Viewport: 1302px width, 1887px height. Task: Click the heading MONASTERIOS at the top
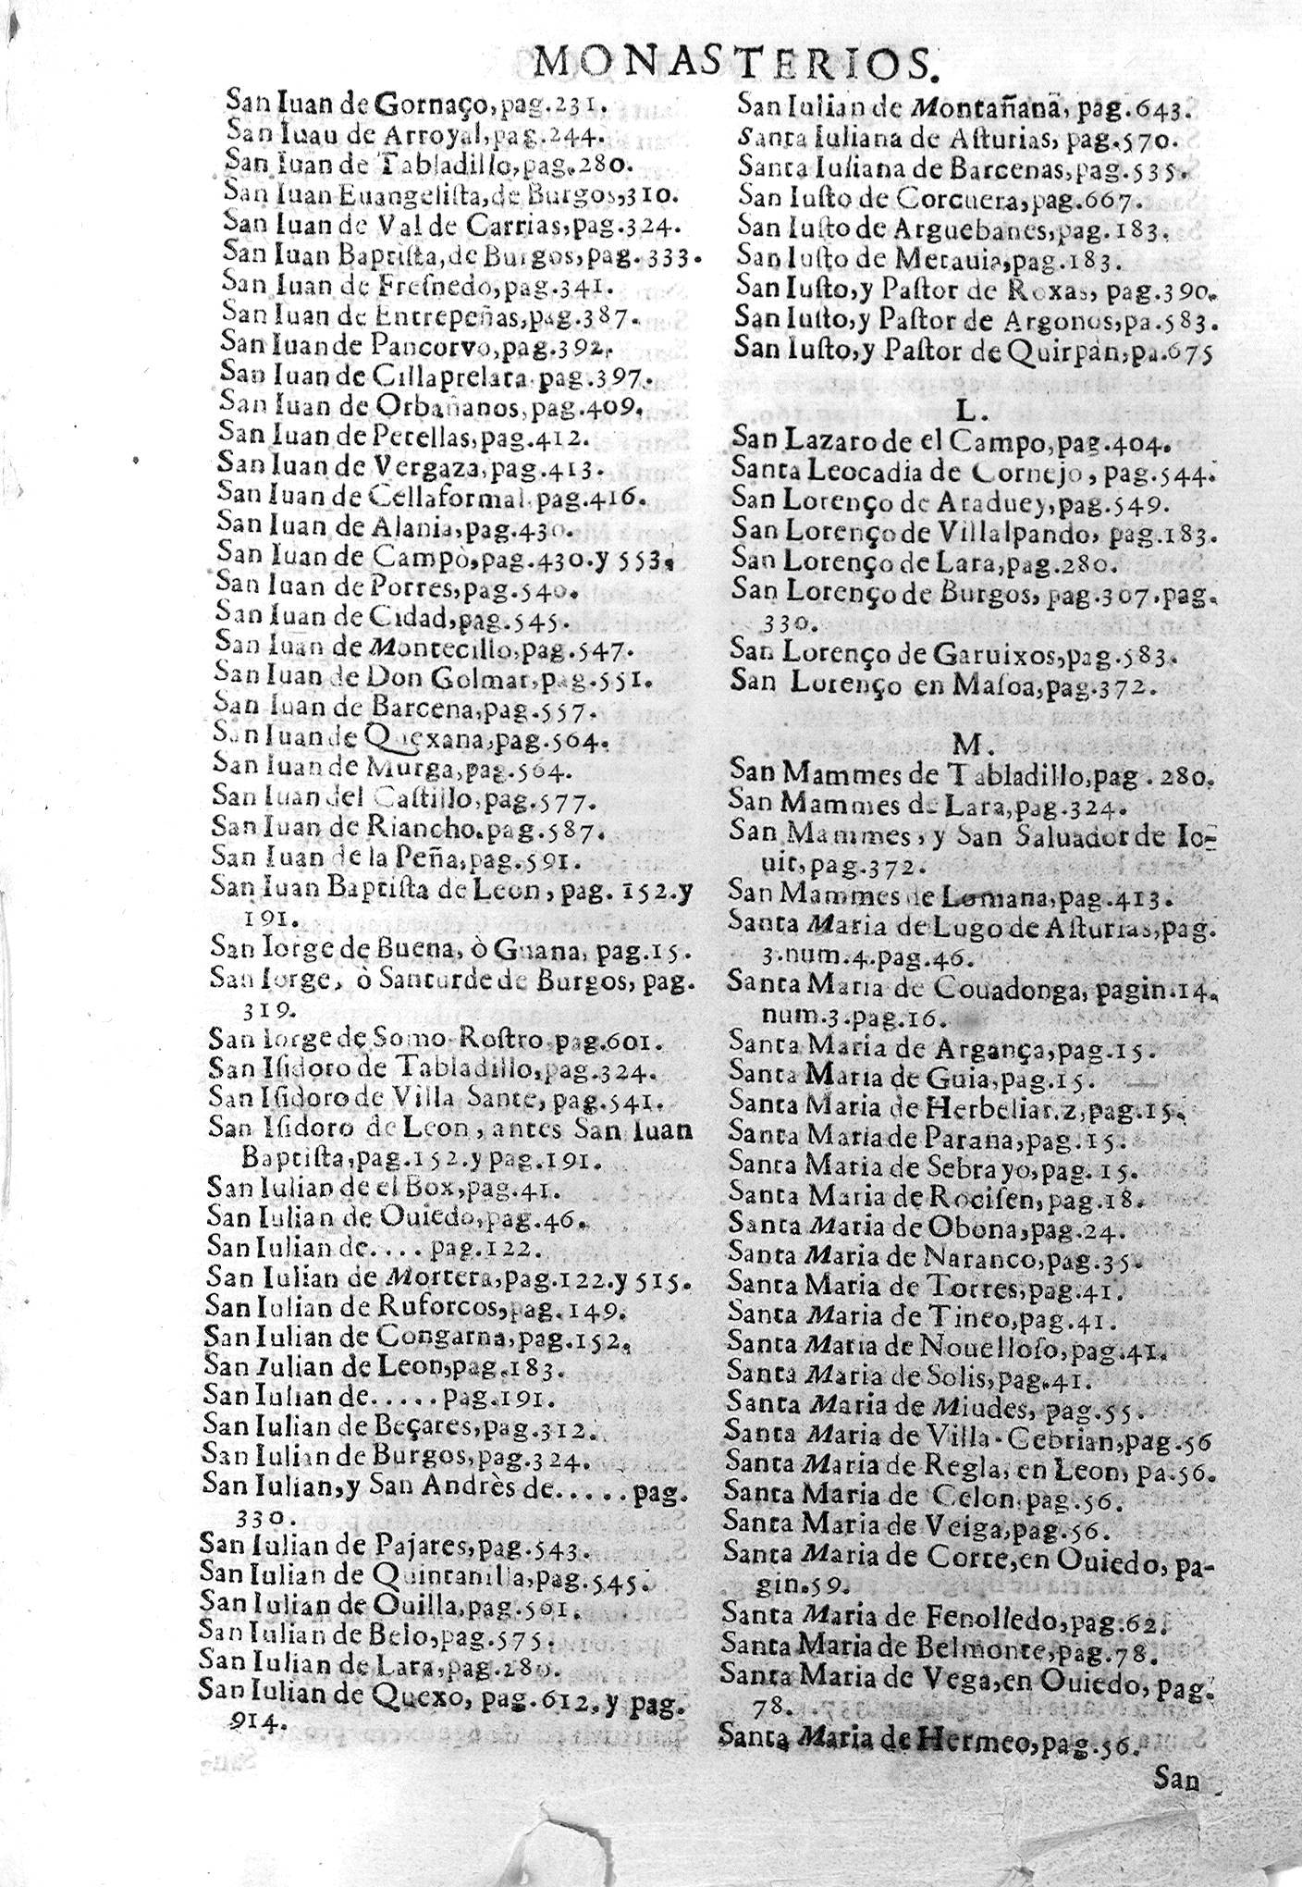(x=734, y=63)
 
